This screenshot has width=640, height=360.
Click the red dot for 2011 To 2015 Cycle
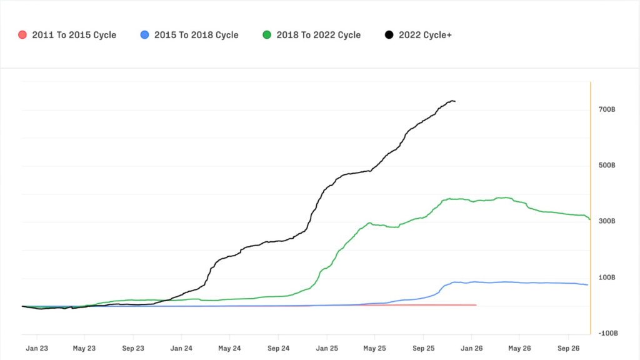23,35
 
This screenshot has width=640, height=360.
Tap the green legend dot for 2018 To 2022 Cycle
267,35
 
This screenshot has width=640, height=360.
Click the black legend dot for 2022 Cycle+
389,35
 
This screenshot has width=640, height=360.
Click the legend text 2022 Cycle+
425,35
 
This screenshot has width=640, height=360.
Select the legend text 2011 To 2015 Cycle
74,35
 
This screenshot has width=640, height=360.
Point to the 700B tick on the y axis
607,110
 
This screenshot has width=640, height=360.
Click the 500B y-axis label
607,166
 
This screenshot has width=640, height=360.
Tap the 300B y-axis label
607,221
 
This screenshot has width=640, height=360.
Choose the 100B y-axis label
607,277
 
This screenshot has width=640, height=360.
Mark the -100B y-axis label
606,333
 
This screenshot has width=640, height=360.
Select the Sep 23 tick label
133,348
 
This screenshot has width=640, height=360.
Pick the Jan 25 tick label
326,348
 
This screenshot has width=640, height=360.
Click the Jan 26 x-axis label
472,348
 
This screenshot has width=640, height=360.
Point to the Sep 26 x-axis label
568,348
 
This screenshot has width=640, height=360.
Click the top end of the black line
454,101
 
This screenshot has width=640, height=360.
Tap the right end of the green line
589,219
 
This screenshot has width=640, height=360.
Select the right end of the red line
476,305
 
